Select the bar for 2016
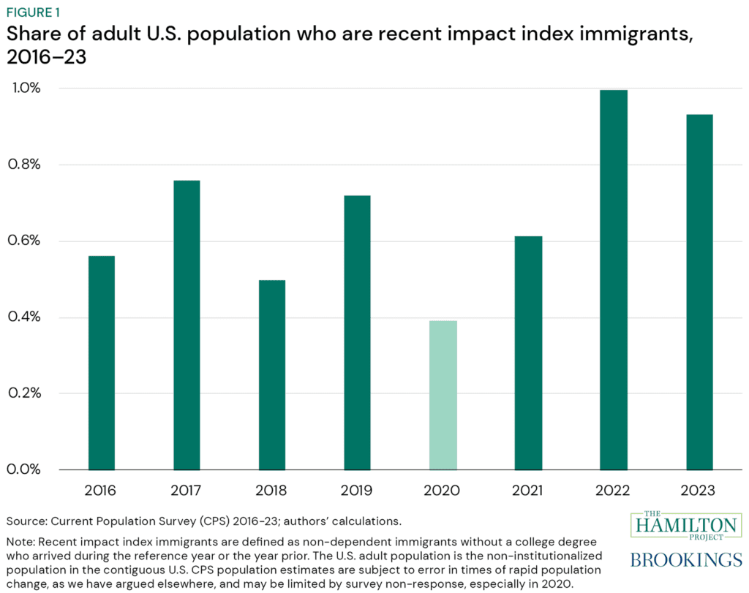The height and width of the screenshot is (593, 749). [101, 363]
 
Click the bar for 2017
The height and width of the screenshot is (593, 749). [187, 325]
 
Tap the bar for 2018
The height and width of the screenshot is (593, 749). [272, 374]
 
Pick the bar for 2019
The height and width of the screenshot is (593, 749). [357, 333]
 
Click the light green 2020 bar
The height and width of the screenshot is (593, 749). [443, 395]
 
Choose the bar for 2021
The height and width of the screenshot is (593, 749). [528, 352]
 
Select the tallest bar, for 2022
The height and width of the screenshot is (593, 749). [614, 279]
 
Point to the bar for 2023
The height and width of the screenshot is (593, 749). [699, 292]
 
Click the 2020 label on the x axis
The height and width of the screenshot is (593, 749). [443, 490]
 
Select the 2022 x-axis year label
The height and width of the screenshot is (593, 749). [614, 490]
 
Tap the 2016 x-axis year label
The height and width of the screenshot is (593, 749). [101, 490]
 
